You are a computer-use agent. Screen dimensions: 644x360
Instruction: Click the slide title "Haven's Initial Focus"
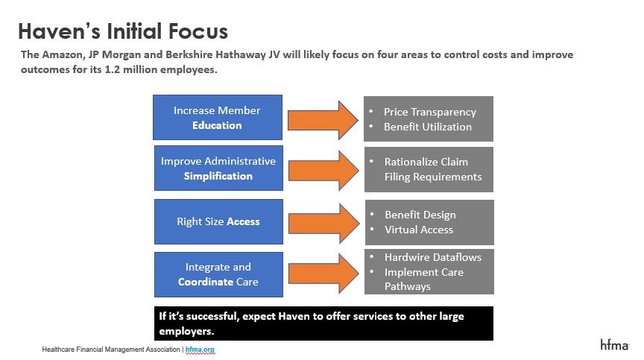click(x=123, y=31)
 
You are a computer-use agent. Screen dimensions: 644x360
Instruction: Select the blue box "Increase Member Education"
click(x=218, y=118)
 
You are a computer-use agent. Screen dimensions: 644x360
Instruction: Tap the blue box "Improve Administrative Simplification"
click(x=218, y=168)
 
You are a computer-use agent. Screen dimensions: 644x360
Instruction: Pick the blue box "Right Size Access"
click(x=218, y=221)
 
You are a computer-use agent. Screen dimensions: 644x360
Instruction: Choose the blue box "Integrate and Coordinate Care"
click(x=218, y=274)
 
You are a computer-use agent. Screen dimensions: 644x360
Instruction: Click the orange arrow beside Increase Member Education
click(x=323, y=120)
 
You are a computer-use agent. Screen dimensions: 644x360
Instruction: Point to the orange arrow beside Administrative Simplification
click(x=323, y=171)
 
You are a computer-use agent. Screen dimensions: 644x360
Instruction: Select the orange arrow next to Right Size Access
click(x=324, y=224)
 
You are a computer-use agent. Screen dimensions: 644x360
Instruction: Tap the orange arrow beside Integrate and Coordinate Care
click(x=323, y=273)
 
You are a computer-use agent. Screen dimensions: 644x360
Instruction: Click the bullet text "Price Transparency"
click(x=430, y=112)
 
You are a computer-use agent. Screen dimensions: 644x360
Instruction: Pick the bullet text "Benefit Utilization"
click(x=428, y=127)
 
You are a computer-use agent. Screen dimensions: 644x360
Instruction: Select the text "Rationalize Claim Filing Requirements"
click(x=433, y=169)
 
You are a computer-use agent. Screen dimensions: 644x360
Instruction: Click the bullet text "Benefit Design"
click(x=420, y=215)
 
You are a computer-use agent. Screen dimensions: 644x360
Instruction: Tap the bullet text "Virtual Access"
click(x=418, y=230)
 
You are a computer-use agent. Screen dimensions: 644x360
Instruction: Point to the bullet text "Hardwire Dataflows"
click(x=433, y=257)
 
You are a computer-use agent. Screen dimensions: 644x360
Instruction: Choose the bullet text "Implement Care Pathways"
click(x=424, y=280)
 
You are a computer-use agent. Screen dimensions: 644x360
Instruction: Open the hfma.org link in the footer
click(x=200, y=350)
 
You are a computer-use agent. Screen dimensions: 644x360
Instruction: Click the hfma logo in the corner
click(x=614, y=344)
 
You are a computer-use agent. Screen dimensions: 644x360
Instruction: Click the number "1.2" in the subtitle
click(x=112, y=69)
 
